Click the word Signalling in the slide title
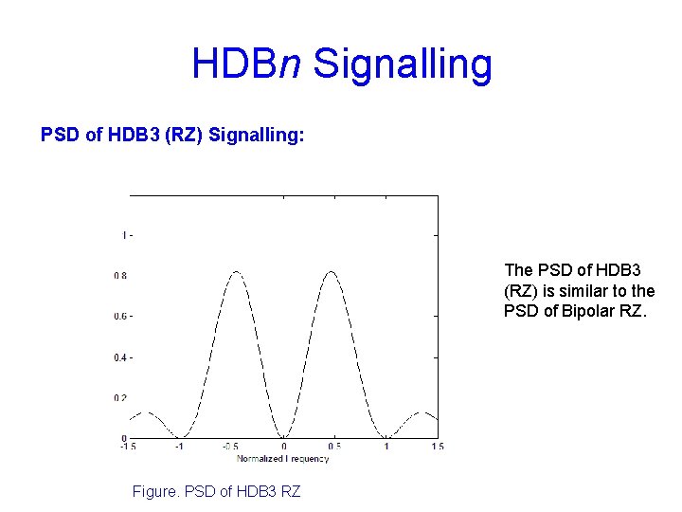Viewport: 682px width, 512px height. tap(403, 64)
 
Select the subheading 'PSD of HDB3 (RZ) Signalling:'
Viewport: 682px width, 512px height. tap(172, 136)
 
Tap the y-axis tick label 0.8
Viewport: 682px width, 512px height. tap(120, 276)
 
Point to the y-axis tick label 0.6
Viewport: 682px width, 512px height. tap(120, 316)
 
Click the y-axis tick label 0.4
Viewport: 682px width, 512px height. tap(120, 357)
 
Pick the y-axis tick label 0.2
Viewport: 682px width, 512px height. tap(120, 398)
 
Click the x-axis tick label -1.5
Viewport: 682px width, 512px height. tap(129, 447)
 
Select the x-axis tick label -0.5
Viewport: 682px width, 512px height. tap(230, 447)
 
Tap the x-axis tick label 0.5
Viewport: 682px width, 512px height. tap(334, 447)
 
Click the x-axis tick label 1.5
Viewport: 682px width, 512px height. tap(437, 447)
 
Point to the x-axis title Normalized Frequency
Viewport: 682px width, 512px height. tap(282, 459)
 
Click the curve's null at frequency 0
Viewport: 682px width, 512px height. tap(283, 437)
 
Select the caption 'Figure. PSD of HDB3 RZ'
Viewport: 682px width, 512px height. tap(218, 491)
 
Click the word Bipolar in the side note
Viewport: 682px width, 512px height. tap(590, 311)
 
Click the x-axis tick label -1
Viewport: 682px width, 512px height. tap(179, 447)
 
